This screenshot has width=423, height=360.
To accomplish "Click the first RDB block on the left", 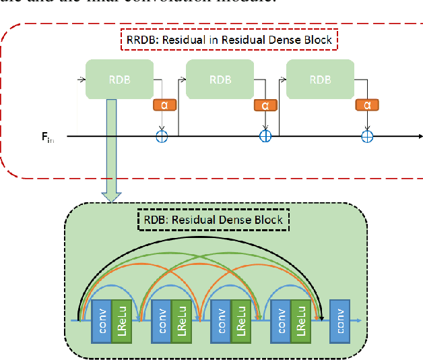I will (119, 79).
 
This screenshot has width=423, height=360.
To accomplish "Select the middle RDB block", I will (220, 79).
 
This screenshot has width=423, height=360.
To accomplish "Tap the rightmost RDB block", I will (320, 79).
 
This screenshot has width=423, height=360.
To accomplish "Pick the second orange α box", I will (265, 105).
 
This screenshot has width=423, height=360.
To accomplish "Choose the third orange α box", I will (367, 104).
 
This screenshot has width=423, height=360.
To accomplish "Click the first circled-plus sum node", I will (162, 136).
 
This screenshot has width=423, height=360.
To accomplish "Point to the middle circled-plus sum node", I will (265, 136).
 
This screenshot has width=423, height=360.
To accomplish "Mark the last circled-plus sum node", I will (367, 136).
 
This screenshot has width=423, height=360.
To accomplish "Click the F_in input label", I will (48, 137).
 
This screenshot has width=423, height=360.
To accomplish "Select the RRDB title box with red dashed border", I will (228, 40).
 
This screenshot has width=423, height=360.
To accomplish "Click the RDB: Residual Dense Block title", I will (214, 219).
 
